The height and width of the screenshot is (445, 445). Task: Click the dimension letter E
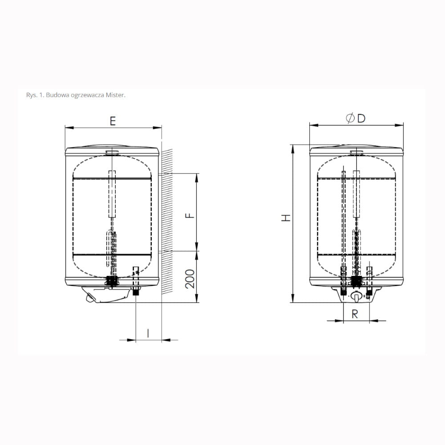pos(113,121)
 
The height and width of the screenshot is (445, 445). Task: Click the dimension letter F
pos(190,215)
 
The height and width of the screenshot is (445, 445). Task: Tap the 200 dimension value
pos(190,279)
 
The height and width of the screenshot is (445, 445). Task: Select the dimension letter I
pos(148,333)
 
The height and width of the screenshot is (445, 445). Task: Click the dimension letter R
pos(355,314)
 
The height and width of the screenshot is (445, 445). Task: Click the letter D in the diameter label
pos(361,118)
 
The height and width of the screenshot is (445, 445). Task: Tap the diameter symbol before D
pos(351,118)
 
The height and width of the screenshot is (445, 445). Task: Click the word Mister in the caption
pos(116,95)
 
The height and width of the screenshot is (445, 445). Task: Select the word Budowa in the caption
pos(55,95)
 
